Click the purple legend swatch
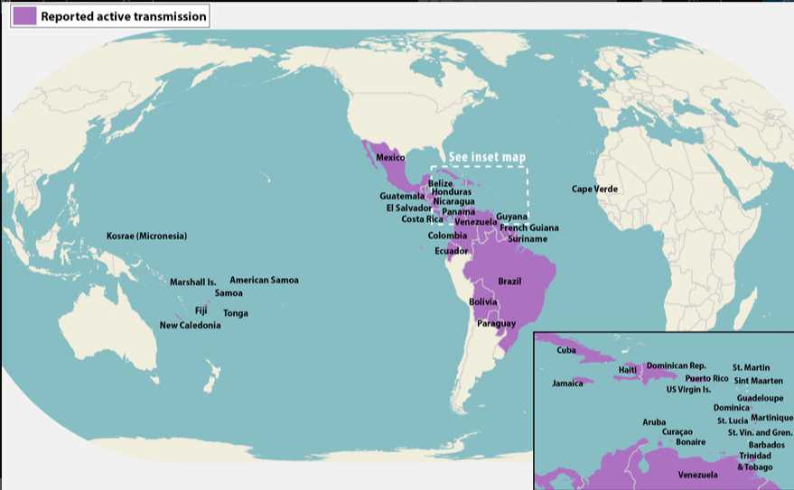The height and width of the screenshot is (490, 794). tap(23, 16)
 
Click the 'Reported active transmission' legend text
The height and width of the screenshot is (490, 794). tap(123, 16)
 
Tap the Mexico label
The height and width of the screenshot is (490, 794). tap(390, 158)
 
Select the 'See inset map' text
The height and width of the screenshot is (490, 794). tap(487, 157)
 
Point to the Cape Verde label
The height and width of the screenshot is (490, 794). tap(594, 190)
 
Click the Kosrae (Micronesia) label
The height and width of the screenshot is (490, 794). tap(146, 236)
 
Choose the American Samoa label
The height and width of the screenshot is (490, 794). tap(264, 281)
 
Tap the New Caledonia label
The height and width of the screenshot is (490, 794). tap(190, 326)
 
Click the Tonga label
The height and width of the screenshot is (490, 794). tap(236, 314)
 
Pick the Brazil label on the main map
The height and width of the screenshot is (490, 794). tap(509, 282)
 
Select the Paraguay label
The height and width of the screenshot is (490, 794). tap(496, 324)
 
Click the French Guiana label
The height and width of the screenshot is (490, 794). tap(529, 228)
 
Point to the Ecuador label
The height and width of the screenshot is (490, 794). tap(451, 251)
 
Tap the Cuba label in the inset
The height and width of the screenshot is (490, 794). tap(566, 350)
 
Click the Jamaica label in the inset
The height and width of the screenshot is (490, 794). tap(567, 384)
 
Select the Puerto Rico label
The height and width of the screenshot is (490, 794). tap(706, 379)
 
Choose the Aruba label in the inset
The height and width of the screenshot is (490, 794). tap(654, 422)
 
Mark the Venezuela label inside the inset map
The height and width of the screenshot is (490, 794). tap(698, 475)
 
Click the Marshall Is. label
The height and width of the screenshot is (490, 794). tap(193, 282)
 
